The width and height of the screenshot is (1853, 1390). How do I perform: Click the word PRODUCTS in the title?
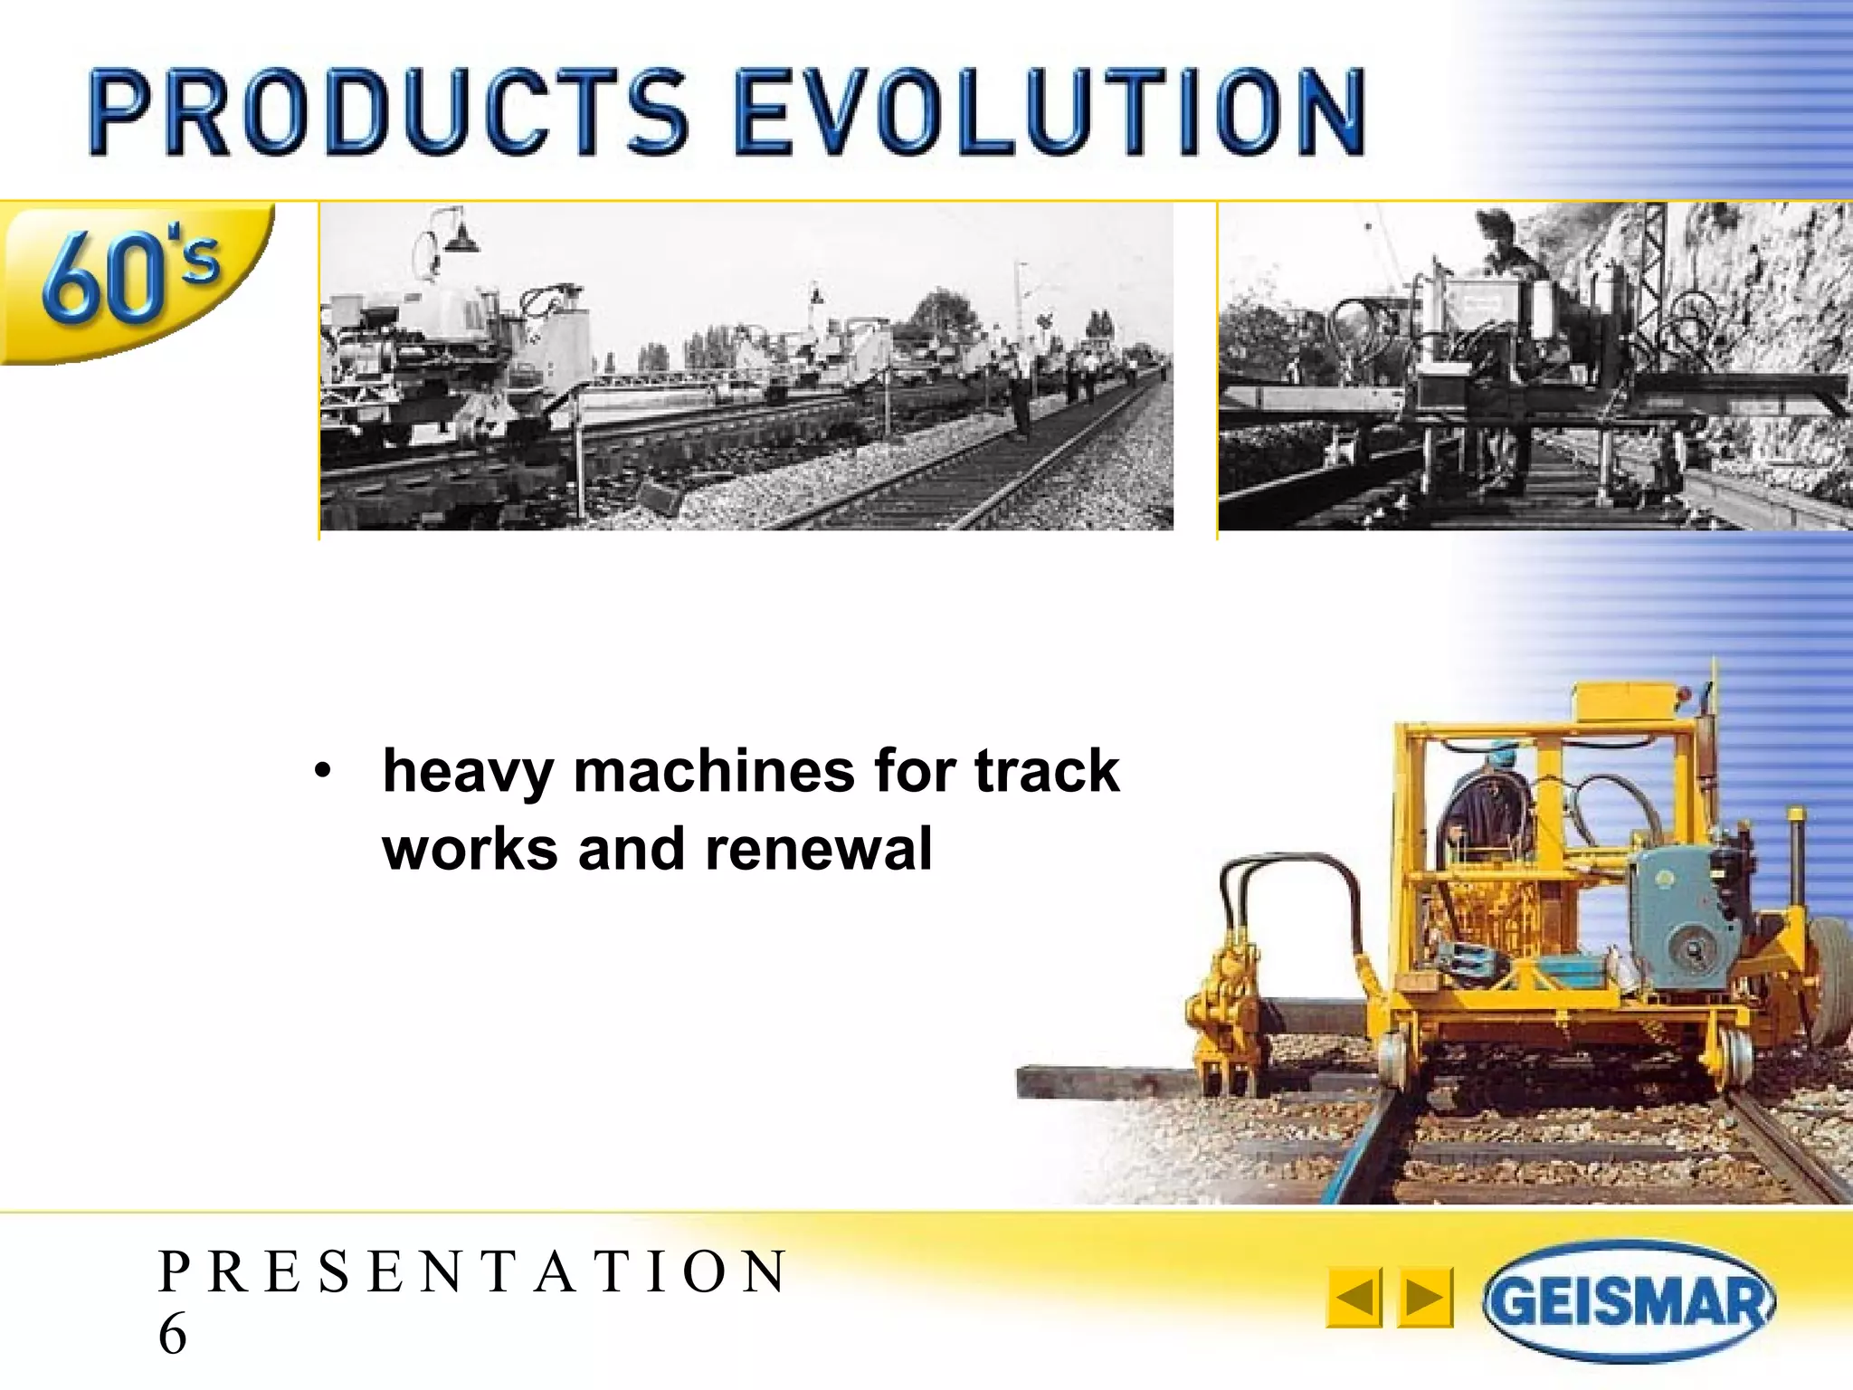pos(389,113)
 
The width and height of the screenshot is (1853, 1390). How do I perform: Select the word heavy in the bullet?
pos(468,772)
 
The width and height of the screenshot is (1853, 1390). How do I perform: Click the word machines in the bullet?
pos(713,772)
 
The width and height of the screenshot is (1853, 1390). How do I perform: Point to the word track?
pos(1047,772)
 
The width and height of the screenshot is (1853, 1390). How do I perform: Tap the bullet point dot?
pos(323,773)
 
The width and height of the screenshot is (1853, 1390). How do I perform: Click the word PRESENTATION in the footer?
pos(472,1271)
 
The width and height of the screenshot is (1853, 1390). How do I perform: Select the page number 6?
pos(173,1334)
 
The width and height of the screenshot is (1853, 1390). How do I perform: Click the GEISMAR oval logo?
pos(1629,1301)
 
